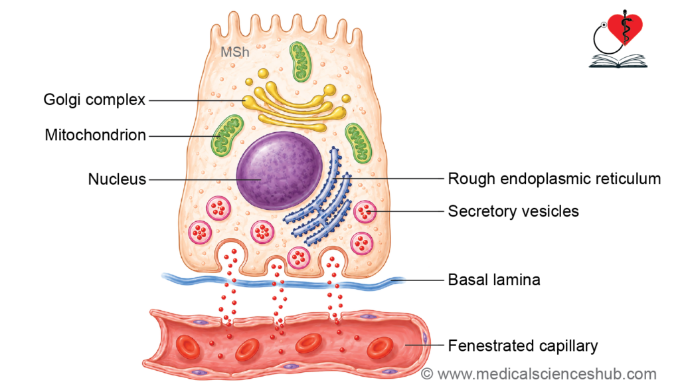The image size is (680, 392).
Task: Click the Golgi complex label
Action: tap(94, 100)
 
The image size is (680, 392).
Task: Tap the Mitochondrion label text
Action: tap(96, 135)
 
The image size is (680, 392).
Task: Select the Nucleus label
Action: tap(117, 179)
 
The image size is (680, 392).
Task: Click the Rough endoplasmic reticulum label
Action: tap(554, 179)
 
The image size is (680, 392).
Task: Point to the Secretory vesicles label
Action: tap(513, 211)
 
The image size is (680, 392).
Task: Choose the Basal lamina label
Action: tap(494, 280)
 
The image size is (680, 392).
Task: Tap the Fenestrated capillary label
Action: tap(523, 345)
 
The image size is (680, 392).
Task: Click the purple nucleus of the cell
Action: tap(280, 171)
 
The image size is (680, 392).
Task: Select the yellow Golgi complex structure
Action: tap(294, 101)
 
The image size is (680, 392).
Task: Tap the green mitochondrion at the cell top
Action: tap(300, 62)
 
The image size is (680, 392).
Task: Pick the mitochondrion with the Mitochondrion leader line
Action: tap(227, 136)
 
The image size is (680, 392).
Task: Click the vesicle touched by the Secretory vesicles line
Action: tap(365, 211)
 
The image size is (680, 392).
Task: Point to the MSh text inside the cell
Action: tap(235, 52)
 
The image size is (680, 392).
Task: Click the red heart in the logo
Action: tap(625, 28)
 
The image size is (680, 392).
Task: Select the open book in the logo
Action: tap(618, 60)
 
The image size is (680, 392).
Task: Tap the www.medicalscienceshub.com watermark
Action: tap(547, 374)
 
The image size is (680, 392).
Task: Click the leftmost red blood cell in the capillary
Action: tap(188, 347)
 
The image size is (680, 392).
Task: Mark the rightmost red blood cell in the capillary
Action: tap(380, 347)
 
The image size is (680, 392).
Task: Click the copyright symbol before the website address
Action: tap(427, 374)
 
